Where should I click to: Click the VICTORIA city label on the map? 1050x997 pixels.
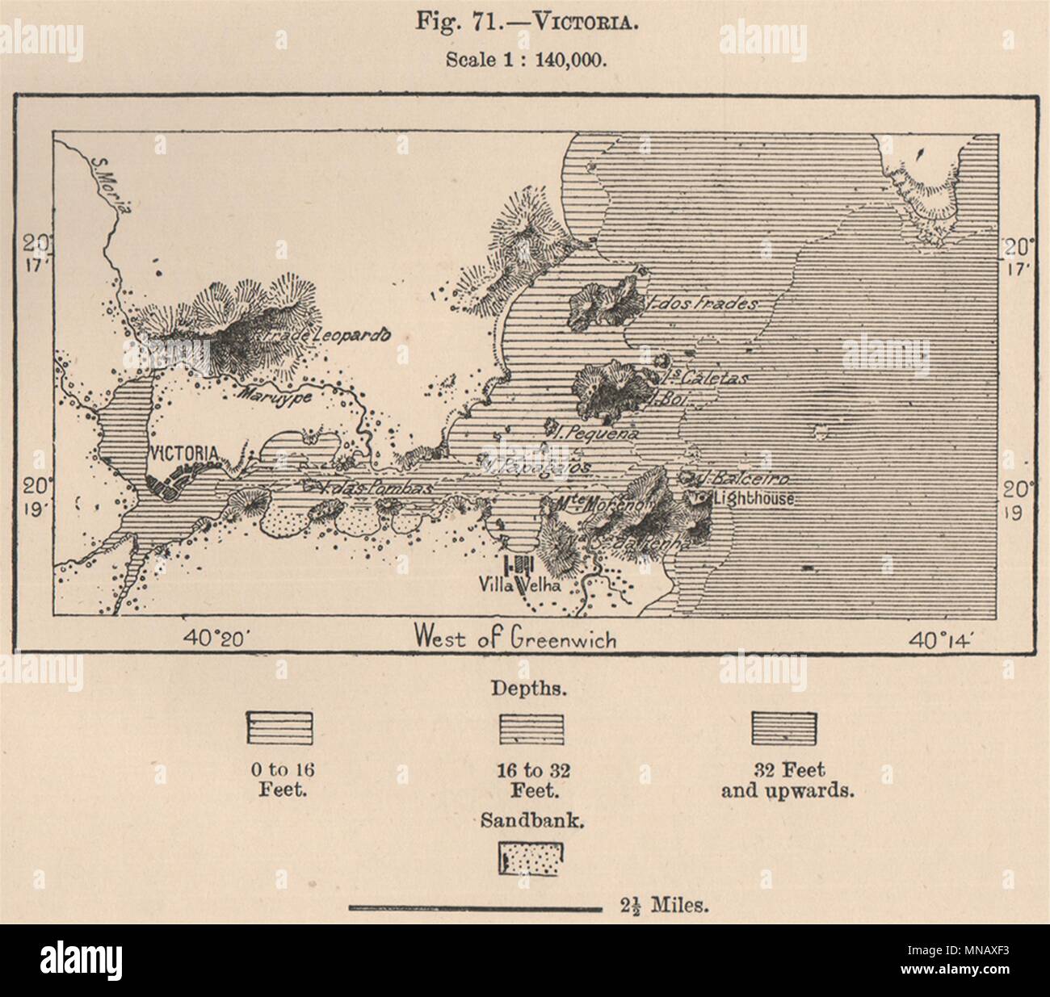pos(183,454)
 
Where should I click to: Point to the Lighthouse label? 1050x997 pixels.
pos(754,499)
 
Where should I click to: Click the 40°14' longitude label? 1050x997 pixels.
pos(943,639)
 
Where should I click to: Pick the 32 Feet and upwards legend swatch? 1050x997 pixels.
pos(785,729)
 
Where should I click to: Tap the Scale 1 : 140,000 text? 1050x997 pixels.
pos(524,60)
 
